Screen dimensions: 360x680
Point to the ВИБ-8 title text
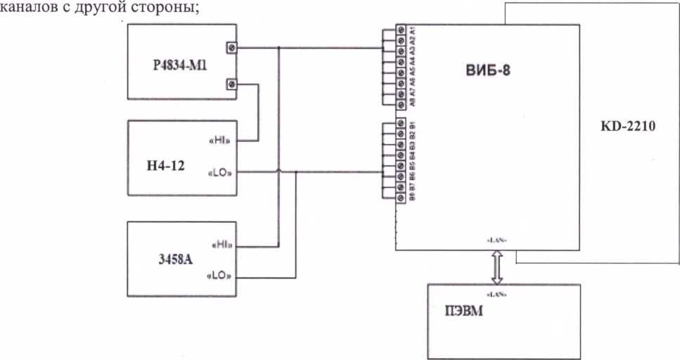point(486,70)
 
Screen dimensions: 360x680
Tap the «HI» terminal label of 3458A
point(222,245)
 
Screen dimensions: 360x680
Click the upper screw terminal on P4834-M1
point(231,48)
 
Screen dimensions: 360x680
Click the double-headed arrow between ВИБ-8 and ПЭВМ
point(496,267)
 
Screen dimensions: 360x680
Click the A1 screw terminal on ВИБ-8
point(401,30)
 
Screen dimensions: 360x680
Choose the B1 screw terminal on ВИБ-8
point(401,124)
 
